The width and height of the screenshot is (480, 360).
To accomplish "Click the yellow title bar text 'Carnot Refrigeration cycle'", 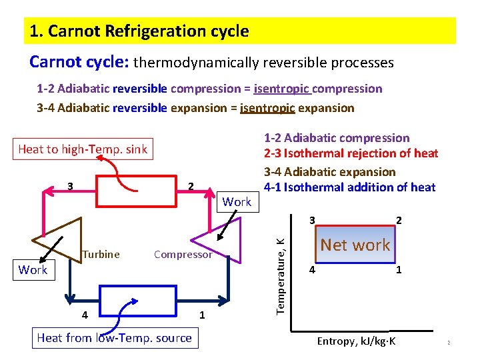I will coord(139,31).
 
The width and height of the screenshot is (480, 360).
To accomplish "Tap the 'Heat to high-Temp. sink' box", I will coord(83,149).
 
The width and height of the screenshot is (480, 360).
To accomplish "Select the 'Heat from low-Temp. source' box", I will coord(114,338).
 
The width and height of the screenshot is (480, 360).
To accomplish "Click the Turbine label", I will coord(101,254).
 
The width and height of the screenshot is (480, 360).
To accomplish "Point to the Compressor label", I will coord(183,254).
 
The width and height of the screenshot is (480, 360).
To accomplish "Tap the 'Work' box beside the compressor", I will coord(237,201).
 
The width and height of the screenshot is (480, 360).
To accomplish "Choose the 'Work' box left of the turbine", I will coord(33,269).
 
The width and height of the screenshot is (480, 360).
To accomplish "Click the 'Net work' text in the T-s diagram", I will coord(355,245).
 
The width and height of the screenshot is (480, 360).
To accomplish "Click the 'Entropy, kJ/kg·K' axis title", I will coord(356,341).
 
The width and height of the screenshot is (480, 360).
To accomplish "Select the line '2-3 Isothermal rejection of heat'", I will coord(351,154).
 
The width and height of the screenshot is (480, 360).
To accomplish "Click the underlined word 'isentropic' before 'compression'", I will coord(282,89).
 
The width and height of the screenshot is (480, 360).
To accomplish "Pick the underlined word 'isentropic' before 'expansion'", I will coord(268,108).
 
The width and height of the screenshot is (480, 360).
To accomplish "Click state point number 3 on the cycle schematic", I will coord(70,185).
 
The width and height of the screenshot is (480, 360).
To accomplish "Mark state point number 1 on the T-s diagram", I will coord(398,271).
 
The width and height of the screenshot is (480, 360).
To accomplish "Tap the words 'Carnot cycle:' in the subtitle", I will coord(79,62).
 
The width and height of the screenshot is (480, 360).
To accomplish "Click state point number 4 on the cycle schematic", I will coord(84,314).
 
